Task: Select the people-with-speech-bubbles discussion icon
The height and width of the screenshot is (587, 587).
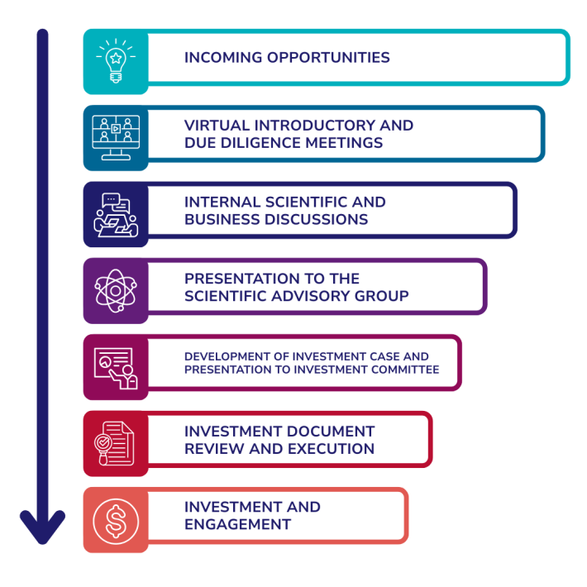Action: point(116,213)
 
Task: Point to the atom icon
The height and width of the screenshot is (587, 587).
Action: point(116,290)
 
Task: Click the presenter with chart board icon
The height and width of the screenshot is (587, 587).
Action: point(116,367)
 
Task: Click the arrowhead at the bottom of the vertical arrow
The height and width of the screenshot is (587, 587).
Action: point(42,529)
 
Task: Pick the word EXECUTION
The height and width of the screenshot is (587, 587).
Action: point(329,449)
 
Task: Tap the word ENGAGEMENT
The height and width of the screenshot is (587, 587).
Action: point(237,525)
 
